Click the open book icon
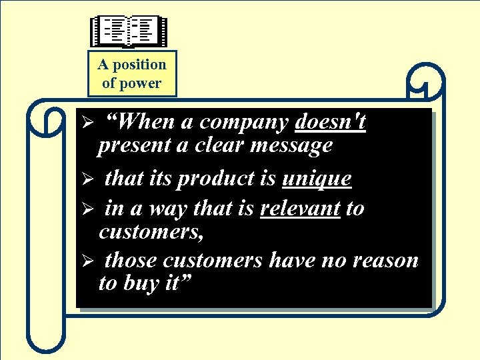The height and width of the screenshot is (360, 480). [x=129, y=31]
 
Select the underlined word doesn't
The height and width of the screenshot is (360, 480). [x=330, y=122]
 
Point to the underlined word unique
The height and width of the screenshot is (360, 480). [x=317, y=179]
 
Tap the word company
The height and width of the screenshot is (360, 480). [x=244, y=123]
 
